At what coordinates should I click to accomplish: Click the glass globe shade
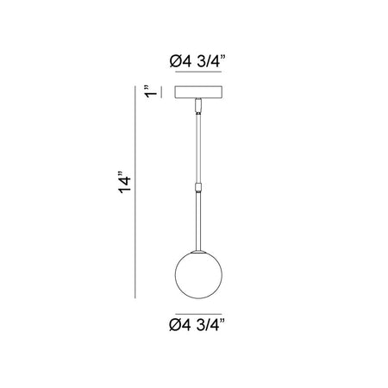tap(198, 275)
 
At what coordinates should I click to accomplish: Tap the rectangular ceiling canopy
tap(198, 92)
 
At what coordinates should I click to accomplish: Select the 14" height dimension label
tap(124, 182)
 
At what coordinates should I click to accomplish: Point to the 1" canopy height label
tap(151, 91)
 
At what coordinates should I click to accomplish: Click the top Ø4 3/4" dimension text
tap(197, 61)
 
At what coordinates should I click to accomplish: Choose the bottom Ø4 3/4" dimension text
tap(197, 325)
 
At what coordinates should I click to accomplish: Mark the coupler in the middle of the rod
tap(198, 187)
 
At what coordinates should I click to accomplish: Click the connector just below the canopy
tap(198, 105)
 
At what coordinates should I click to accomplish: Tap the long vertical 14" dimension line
tap(135, 192)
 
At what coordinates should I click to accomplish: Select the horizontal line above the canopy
tap(198, 72)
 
